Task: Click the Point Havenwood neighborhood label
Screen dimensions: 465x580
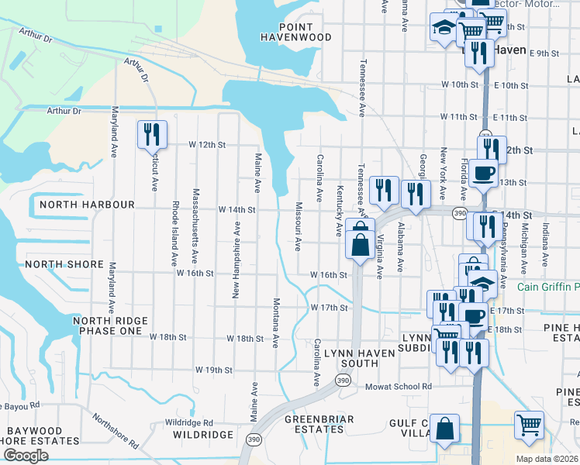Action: click(296, 31)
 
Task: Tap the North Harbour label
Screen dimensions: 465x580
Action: click(77, 205)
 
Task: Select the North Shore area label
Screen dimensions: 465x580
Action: click(64, 264)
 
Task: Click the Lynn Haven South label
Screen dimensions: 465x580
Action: click(350, 358)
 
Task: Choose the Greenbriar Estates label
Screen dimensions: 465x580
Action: click(319, 425)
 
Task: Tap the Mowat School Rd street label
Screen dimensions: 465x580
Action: click(398, 386)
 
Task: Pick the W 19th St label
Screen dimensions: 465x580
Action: click(213, 370)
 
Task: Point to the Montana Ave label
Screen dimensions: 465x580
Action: click(275, 322)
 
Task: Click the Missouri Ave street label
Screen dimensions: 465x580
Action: click(298, 226)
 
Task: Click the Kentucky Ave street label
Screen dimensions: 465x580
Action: click(339, 211)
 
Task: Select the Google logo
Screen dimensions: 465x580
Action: click(26, 456)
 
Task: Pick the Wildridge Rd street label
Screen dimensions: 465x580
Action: click(189, 422)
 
